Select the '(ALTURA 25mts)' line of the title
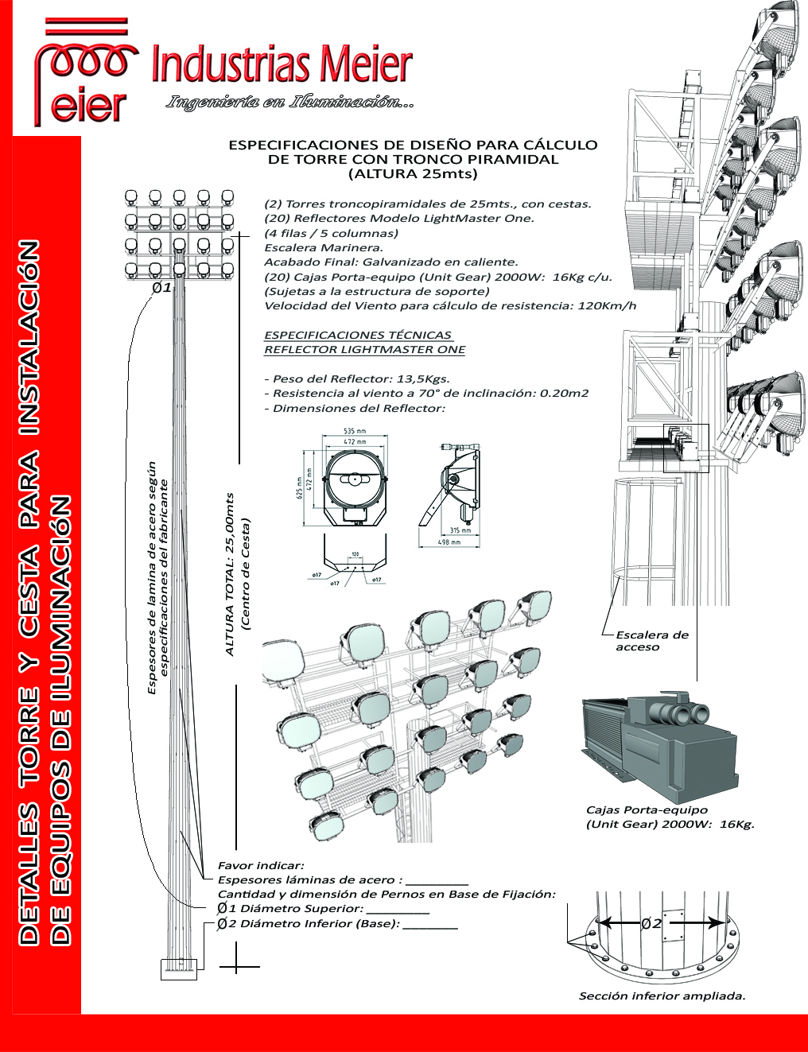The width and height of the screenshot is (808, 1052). [x=413, y=173]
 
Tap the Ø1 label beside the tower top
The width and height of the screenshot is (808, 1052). [x=161, y=287]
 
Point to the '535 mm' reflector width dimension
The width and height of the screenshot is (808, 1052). [x=355, y=431]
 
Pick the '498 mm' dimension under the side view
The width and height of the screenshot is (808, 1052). [x=449, y=542]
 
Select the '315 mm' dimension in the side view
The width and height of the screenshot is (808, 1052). [x=460, y=530]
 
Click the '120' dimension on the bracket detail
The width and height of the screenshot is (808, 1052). [x=355, y=554]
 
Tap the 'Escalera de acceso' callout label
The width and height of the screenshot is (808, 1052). [x=651, y=641]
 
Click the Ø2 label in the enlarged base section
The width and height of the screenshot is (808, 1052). [x=651, y=923]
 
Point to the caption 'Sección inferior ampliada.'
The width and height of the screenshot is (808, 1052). [x=662, y=996]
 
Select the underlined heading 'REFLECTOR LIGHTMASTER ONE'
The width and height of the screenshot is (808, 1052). [x=364, y=350]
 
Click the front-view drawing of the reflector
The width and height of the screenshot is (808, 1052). [x=355, y=481]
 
